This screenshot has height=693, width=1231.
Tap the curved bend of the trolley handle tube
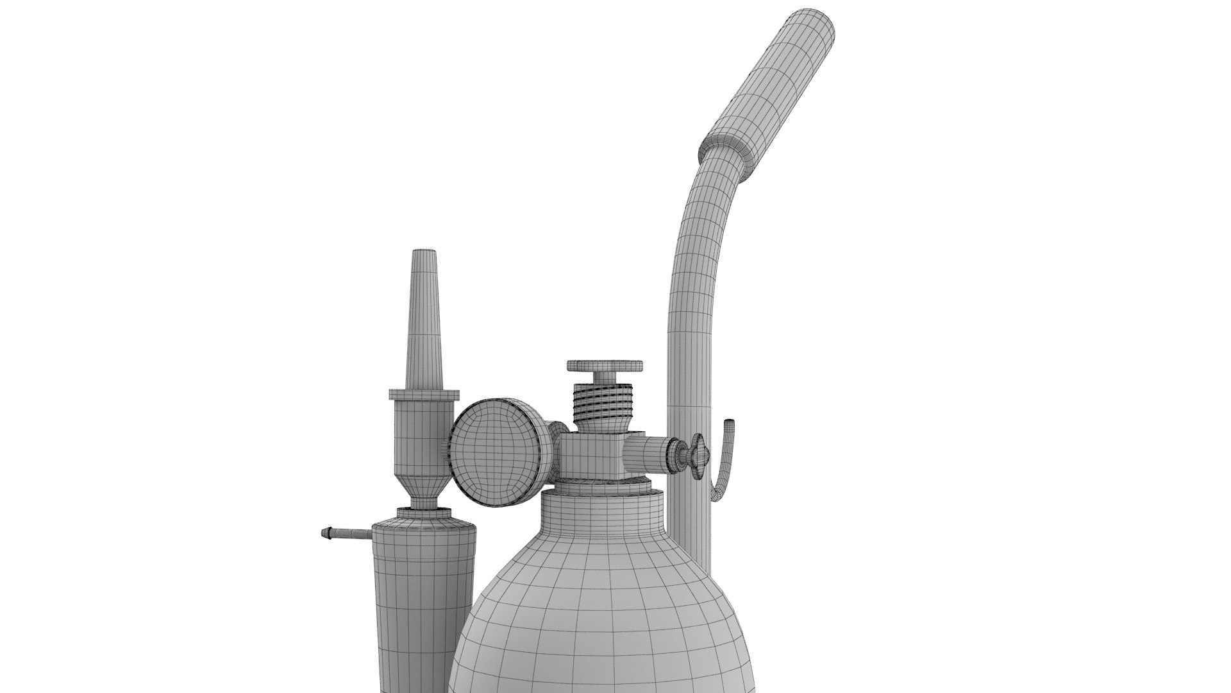tap(699, 212)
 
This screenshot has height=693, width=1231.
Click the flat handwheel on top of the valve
tap(605, 366)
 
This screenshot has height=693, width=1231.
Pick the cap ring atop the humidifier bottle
tap(423, 514)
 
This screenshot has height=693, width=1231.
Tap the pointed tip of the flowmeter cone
tap(422, 254)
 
